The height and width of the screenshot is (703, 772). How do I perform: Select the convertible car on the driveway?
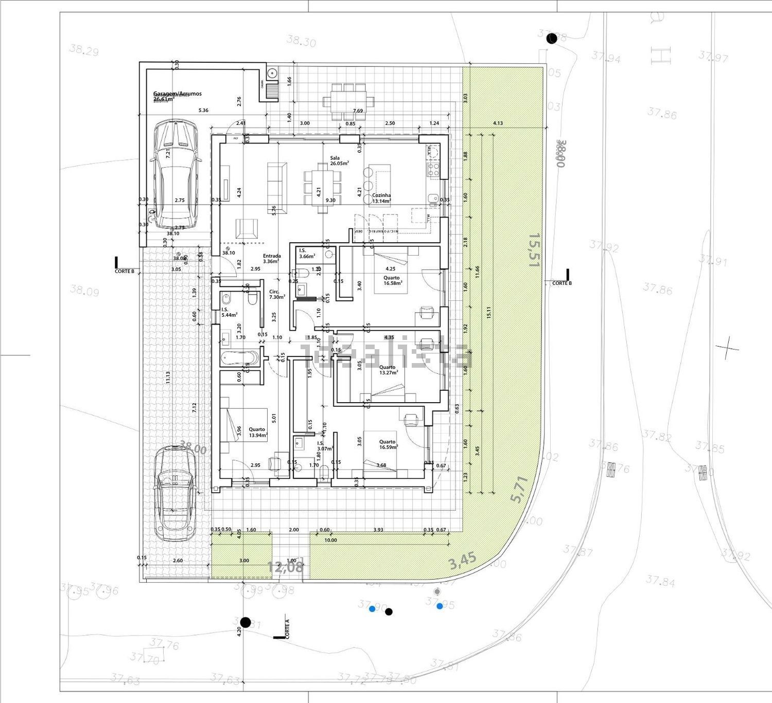pyautogui.click(x=175, y=493)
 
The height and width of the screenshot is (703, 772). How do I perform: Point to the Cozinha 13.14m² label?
pyautogui.click(x=381, y=198)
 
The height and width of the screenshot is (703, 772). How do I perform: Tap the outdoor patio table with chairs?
pyautogui.click(x=344, y=101)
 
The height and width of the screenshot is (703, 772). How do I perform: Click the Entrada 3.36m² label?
pyautogui.click(x=272, y=258)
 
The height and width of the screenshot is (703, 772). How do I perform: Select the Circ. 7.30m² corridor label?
pyautogui.click(x=277, y=294)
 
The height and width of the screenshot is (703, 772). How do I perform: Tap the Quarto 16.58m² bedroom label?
pyautogui.click(x=392, y=280)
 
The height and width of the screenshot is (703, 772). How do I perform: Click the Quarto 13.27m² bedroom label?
pyautogui.click(x=388, y=370)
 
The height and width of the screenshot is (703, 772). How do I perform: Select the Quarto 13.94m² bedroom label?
pyautogui.click(x=257, y=432)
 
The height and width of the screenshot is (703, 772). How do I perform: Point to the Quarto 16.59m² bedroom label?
pyautogui.click(x=388, y=444)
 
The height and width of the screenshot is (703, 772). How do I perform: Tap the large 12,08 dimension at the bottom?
pyautogui.click(x=285, y=567)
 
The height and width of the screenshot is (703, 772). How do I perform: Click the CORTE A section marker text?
pyautogui.click(x=287, y=628)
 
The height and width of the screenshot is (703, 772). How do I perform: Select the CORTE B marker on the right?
pyautogui.click(x=562, y=283)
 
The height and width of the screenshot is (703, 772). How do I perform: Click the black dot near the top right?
pyautogui.click(x=552, y=38)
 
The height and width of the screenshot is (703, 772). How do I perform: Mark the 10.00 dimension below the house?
pyautogui.click(x=330, y=540)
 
